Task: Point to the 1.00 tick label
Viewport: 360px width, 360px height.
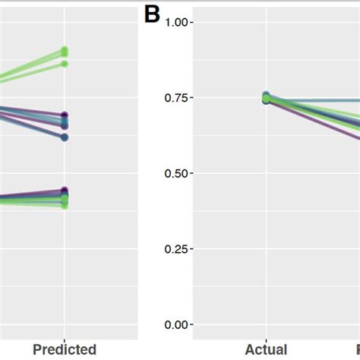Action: tap(175, 23)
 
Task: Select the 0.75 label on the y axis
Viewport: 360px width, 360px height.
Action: tap(175, 98)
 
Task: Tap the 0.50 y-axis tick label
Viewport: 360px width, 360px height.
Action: tap(175, 174)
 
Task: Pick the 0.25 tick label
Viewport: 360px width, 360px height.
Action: tap(175, 249)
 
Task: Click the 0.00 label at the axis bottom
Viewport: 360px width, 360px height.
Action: tap(175, 325)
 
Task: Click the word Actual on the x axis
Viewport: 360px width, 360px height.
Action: tap(266, 349)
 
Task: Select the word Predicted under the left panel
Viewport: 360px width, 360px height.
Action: tap(65, 349)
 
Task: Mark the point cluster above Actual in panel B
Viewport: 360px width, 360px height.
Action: tap(266, 97)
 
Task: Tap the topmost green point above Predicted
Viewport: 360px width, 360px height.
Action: tap(65, 51)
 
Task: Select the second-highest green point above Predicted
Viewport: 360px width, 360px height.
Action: tap(65, 64)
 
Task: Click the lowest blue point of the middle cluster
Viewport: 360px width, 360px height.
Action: tap(65, 137)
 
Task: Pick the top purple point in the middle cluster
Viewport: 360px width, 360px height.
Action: tap(65, 115)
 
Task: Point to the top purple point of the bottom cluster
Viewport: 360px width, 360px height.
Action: tap(65, 191)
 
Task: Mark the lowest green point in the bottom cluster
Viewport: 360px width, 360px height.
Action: tap(65, 205)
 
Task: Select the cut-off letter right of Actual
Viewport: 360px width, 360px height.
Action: tap(356, 349)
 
